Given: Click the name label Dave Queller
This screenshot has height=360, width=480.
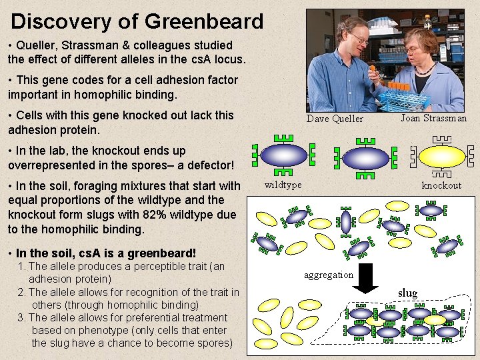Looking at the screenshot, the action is click(x=335, y=119).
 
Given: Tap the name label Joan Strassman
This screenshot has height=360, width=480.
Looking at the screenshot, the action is click(x=433, y=118).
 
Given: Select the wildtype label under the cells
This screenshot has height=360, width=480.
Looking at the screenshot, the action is click(x=283, y=185).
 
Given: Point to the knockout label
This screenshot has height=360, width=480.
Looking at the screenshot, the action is click(x=441, y=185).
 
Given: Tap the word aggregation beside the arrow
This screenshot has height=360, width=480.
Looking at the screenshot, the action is click(x=329, y=275).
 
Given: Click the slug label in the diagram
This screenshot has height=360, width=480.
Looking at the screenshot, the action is click(x=407, y=293).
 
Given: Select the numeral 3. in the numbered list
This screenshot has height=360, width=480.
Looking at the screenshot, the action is click(x=23, y=317).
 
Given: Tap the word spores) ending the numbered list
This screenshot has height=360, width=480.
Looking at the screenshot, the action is click(x=214, y=343).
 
